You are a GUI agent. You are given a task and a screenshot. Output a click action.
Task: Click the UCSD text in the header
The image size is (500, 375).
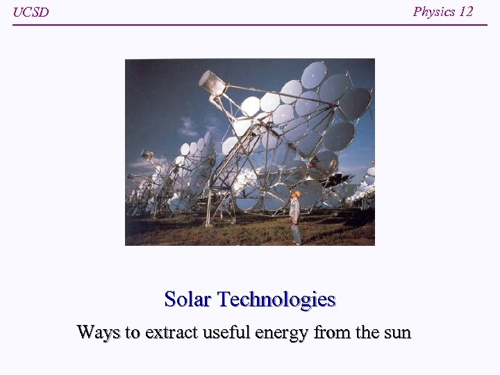[31, 12]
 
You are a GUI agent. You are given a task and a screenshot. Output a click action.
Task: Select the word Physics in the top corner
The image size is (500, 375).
[434, 12]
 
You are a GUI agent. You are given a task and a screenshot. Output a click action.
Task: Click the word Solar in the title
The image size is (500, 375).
[187, 299]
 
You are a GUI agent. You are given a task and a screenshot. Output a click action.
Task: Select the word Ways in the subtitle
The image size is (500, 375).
[98, 332]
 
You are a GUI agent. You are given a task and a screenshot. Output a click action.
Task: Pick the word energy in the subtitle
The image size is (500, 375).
[282, 333]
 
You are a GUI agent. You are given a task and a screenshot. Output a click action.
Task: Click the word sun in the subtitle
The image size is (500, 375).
[398, 333]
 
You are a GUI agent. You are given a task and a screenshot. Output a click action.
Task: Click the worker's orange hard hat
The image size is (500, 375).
[297, 194]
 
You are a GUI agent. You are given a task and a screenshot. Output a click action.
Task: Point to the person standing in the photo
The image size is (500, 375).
[296, 217]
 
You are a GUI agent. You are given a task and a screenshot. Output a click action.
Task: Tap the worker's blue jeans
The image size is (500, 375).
[297, 233]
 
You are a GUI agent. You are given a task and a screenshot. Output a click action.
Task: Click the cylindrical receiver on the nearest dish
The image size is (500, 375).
[212, 83]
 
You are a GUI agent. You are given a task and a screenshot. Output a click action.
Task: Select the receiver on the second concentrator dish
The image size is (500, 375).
[147, 154]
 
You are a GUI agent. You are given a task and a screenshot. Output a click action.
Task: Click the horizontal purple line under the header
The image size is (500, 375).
[250, 25]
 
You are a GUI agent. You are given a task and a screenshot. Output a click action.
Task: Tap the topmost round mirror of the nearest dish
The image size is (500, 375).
[313, 74]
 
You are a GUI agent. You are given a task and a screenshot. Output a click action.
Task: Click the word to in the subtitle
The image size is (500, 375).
[132, 333]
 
